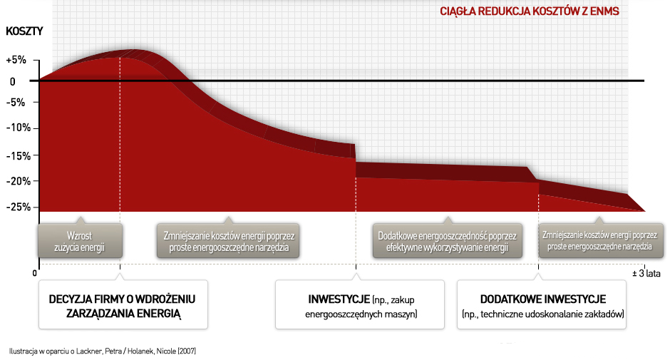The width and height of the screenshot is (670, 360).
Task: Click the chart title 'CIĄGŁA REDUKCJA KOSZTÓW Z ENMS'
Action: tap(529, 11)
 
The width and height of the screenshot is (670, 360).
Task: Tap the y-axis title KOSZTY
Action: tap(24, 31)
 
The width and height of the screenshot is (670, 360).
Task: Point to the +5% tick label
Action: tap(16, 60)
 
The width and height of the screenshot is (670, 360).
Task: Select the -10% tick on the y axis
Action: tap(19, 128)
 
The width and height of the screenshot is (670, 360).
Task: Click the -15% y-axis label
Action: tap(19, 156)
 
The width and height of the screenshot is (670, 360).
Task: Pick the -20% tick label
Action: tap(19, 181)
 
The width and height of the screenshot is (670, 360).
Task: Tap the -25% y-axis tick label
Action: tap(19, 207)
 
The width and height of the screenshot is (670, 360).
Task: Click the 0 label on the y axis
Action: tap(12, 82)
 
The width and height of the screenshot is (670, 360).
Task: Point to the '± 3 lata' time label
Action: tap(646, 273)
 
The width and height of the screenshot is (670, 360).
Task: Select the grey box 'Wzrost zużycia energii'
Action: tap(80, 241)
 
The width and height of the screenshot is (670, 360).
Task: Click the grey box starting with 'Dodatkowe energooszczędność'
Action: tap(448, 241)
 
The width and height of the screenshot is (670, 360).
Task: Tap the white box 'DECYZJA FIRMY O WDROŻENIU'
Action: tap(123, 304)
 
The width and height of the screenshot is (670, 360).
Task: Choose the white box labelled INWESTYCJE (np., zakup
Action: tap(360, 304)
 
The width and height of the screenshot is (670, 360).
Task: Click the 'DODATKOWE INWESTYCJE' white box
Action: tap(542, 304)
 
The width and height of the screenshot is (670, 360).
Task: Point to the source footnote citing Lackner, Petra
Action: tap(103, 351)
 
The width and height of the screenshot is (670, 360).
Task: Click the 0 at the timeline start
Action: tap(35, 273)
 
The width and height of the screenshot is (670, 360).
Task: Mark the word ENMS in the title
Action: tap(604, 11)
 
